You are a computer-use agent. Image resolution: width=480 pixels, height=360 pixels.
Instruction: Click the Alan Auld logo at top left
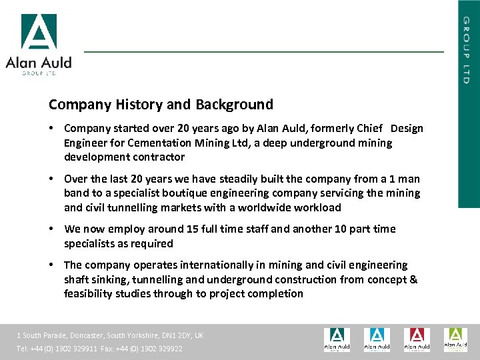38,43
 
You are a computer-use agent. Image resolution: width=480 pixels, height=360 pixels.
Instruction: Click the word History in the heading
138,105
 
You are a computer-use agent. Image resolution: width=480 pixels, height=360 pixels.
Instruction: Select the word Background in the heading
234,105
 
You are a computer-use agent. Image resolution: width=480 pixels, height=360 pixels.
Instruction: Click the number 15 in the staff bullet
193,229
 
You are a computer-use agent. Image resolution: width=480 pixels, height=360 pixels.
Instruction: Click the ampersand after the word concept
413,279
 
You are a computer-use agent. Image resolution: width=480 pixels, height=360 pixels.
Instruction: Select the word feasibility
90,294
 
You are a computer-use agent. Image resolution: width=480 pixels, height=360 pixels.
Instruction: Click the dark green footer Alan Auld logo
337,339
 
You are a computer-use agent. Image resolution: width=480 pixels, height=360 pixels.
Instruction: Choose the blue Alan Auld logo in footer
377,339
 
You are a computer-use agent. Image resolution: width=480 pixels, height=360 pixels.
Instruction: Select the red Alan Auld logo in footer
417,339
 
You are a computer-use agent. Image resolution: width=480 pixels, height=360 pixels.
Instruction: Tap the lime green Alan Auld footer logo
456,339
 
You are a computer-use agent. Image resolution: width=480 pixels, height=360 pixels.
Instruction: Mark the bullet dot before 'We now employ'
51,229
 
